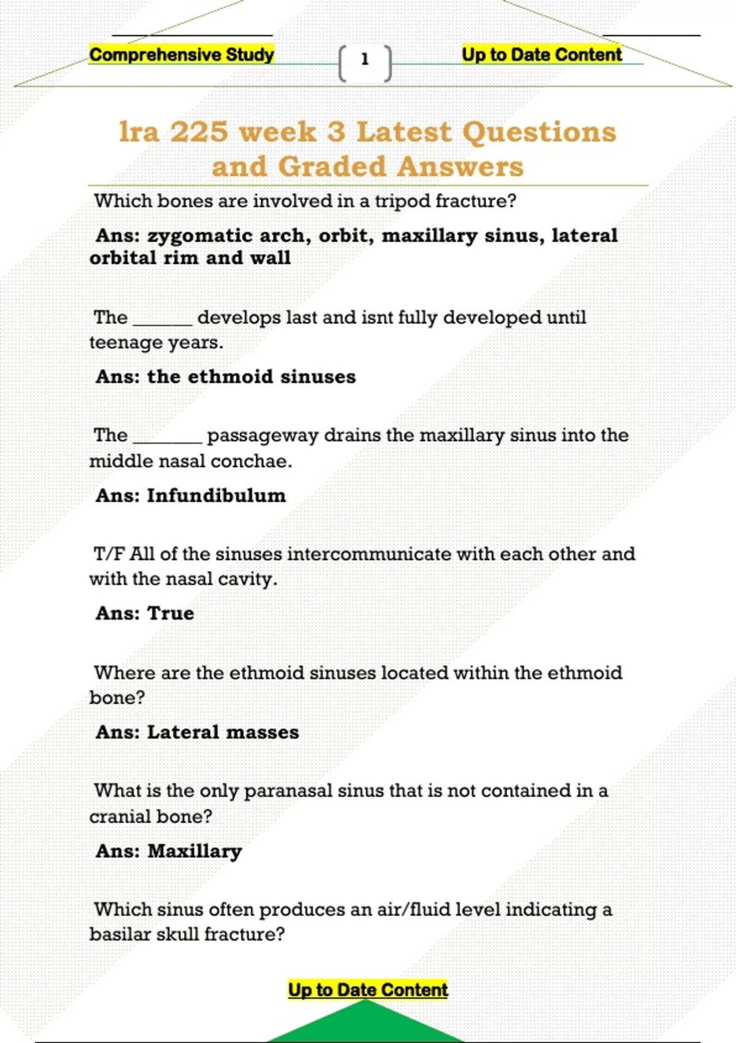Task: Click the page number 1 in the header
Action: coord(365,60)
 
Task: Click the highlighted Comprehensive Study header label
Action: coord(182,55)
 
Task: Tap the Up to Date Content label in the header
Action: coord(542,55)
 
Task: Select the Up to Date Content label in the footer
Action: coord(368,990)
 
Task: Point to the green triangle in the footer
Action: coord(366,1023)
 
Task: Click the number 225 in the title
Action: coord(199,132)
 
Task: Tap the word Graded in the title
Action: coord(332,166)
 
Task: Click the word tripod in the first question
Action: coord(402,201)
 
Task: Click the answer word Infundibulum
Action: coord(217,496)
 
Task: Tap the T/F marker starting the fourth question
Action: coord(109,554)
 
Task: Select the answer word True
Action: coord(171,614)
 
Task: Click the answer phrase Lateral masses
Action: coord(223,733)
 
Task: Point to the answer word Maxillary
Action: coord(195,852)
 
